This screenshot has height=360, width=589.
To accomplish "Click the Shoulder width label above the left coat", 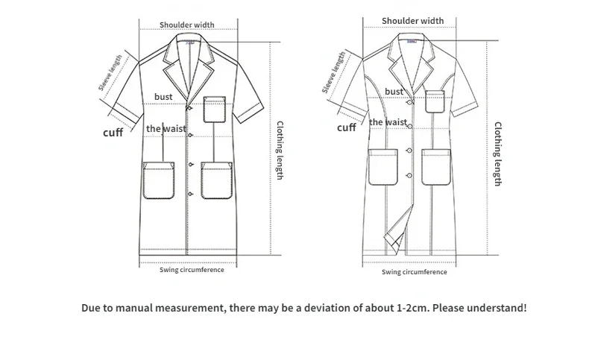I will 186,25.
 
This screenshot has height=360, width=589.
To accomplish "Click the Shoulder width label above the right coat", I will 412,20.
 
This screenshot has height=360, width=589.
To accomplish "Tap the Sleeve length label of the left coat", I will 110,72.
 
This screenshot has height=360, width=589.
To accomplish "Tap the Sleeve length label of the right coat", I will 333,72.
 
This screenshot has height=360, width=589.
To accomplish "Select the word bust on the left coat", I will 163,97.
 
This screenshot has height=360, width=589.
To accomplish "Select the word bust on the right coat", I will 394,92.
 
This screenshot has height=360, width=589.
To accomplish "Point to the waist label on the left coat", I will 166,129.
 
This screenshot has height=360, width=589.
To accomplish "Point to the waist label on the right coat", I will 388,122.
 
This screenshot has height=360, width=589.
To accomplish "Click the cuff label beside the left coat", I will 113,133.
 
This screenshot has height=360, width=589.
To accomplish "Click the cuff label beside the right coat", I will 347,127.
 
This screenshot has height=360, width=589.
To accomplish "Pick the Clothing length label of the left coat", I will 280,150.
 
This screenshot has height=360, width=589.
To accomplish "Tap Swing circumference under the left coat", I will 192,270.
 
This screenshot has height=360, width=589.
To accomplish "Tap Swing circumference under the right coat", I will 415,272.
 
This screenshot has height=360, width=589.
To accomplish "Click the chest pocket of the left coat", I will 215,109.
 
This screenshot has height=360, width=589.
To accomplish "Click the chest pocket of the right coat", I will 436,101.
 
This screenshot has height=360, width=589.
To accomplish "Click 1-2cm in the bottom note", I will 412,308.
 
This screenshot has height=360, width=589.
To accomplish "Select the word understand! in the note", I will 500,308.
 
